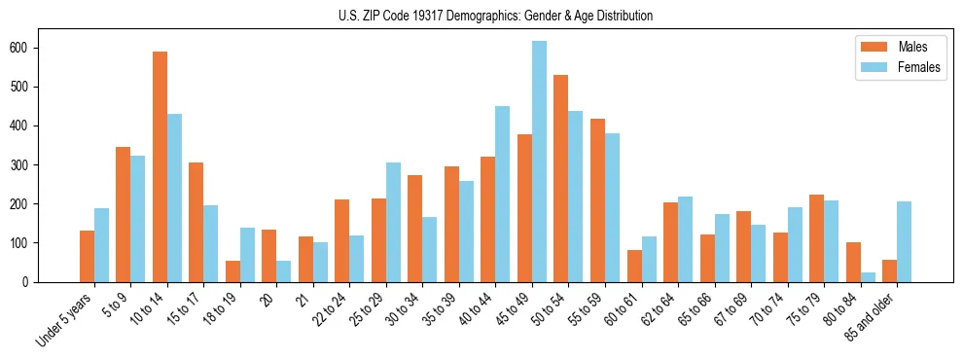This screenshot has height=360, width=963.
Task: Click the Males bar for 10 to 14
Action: click(x=160, y=166)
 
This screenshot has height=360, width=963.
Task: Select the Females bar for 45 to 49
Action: click(x=539, y=162)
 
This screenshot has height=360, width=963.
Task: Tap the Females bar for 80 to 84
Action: click(x=868, y=277)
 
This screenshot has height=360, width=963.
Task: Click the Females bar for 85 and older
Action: click(x=904, y=241)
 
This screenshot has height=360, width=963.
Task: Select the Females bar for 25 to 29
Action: click(x=393, y=222)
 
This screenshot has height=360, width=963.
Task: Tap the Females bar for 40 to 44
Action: click(x=503, y=194)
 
